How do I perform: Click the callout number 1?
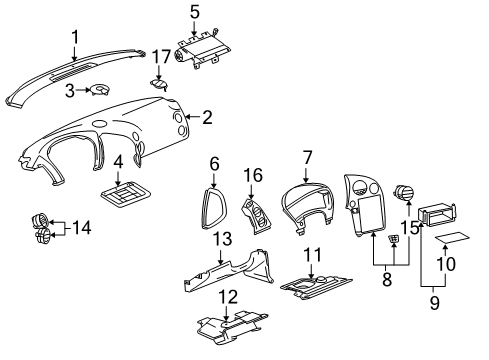coord(73,38)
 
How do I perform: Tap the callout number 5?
coord(194,13)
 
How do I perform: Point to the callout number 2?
coord(207,118)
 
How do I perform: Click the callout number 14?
coord(80,228)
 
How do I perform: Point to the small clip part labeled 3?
coord(101,92)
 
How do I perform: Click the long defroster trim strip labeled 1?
coord(70,79)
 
